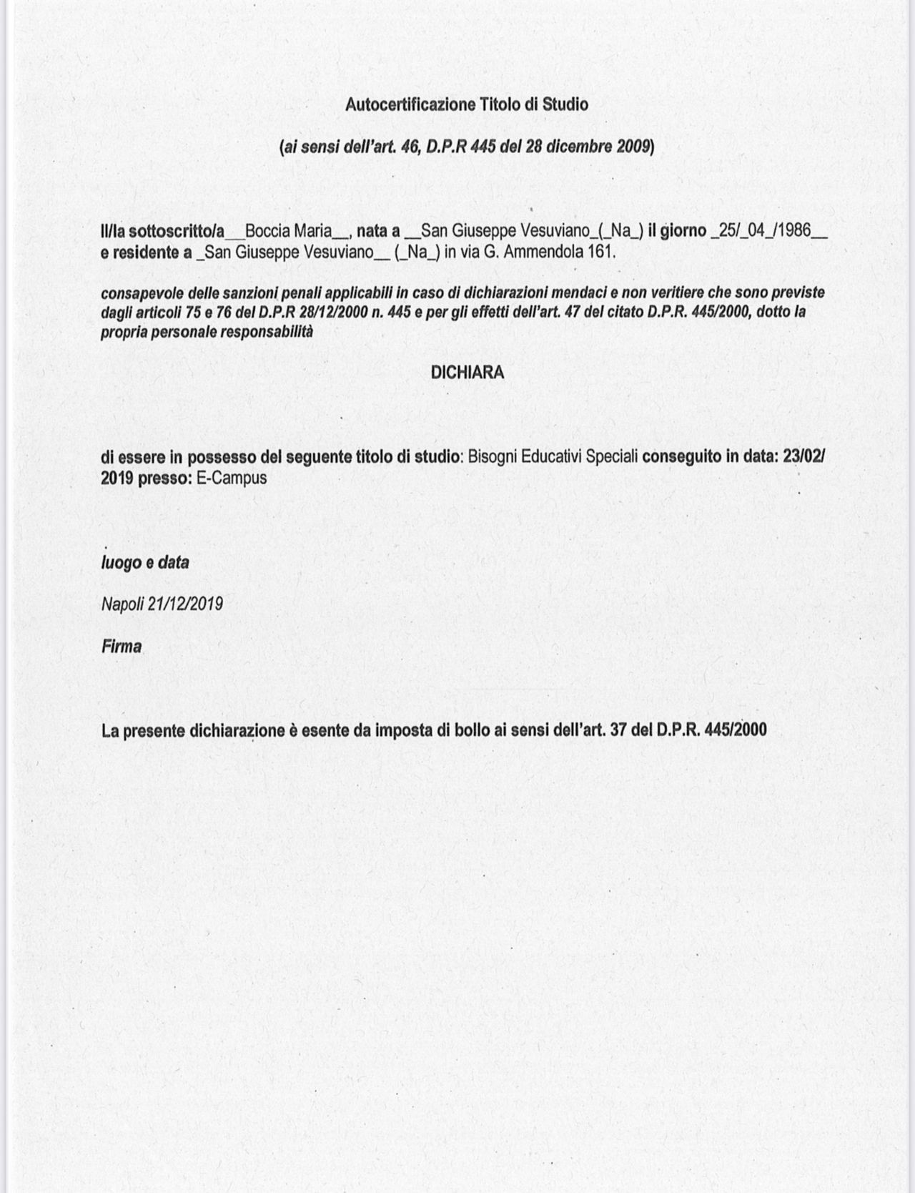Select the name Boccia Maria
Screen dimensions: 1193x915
pyautogui.click(x=287, y=232)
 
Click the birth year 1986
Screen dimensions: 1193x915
pyautogui.click(x=791, y=232)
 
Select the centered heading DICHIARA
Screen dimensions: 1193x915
pyautogui.click(x=468, y=373)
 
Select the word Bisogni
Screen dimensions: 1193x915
pyautogui.click(x=492, y=457)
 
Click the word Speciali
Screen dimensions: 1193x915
pyautogui.click(x=612, y=457)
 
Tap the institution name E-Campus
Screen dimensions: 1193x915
pyautogui.click(x=231, y=478)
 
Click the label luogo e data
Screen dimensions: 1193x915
pyautogui.click(x=145, y=563)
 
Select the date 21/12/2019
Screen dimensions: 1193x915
pyautogui.click(x=185, y=604)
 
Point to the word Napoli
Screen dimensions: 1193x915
pyautogui.click(x=123, y=604)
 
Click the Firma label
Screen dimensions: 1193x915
pyautogui.click(x=122, y=647)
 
